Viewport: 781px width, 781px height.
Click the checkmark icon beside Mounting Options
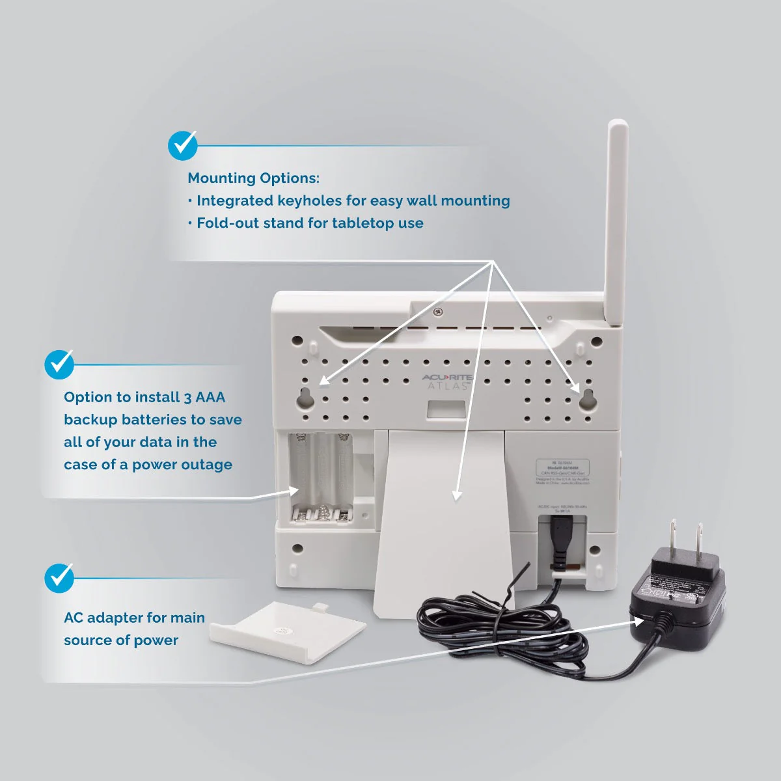[x=183, y=146]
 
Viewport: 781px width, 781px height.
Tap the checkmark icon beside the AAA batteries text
[x=59, y=364]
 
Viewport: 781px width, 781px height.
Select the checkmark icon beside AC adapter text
[x=59, y=578]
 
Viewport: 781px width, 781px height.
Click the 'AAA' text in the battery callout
[x=210, y=397]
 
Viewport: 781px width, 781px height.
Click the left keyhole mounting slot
[x=305, y=400]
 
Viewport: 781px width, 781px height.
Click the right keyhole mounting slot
[x=588, y=400]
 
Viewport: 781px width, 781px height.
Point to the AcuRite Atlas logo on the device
[x=447, y=381]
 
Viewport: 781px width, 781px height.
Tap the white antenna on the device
[x=616, y=221]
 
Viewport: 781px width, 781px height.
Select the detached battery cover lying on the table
[x=288, y=632]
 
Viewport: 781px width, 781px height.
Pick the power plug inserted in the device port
[x=558, y=537]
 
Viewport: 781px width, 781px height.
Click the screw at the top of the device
[x=438, y=312]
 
